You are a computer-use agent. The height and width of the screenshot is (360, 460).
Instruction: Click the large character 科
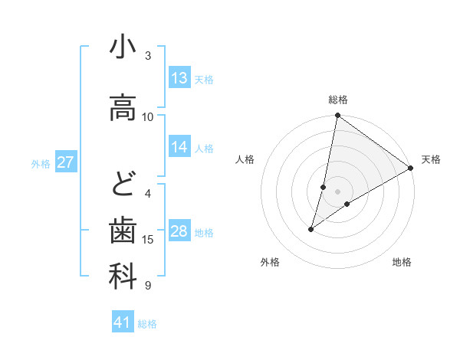tap(123, 277)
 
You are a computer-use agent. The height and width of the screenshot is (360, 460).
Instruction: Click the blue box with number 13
tap(179, 78)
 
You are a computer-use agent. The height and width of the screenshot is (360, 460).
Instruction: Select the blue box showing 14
tap(179, 147)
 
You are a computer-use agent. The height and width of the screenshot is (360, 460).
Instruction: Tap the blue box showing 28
tap(179, 231)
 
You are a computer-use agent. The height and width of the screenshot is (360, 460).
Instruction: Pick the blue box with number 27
tap(66, 162)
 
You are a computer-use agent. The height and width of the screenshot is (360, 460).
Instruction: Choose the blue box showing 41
tap(123, 322)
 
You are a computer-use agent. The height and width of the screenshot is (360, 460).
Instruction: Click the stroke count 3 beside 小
tap(148, 56)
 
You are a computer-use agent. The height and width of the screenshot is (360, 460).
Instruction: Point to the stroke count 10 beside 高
tap(148, 117)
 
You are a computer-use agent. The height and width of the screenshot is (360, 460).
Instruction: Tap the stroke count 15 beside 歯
tap(148, 240)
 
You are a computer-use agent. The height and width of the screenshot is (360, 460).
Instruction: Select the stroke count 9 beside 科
tap(148, 286)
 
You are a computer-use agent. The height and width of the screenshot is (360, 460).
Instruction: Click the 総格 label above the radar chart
tap(337, 100)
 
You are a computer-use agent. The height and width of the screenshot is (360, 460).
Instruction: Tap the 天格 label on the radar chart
tap(431, 159)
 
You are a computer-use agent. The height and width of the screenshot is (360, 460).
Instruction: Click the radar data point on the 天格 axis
tap(411, 168)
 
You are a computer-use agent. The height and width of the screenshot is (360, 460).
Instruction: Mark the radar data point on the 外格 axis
tap(311, 229)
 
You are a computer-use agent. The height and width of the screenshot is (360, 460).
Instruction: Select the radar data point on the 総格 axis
tap(337, 116)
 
